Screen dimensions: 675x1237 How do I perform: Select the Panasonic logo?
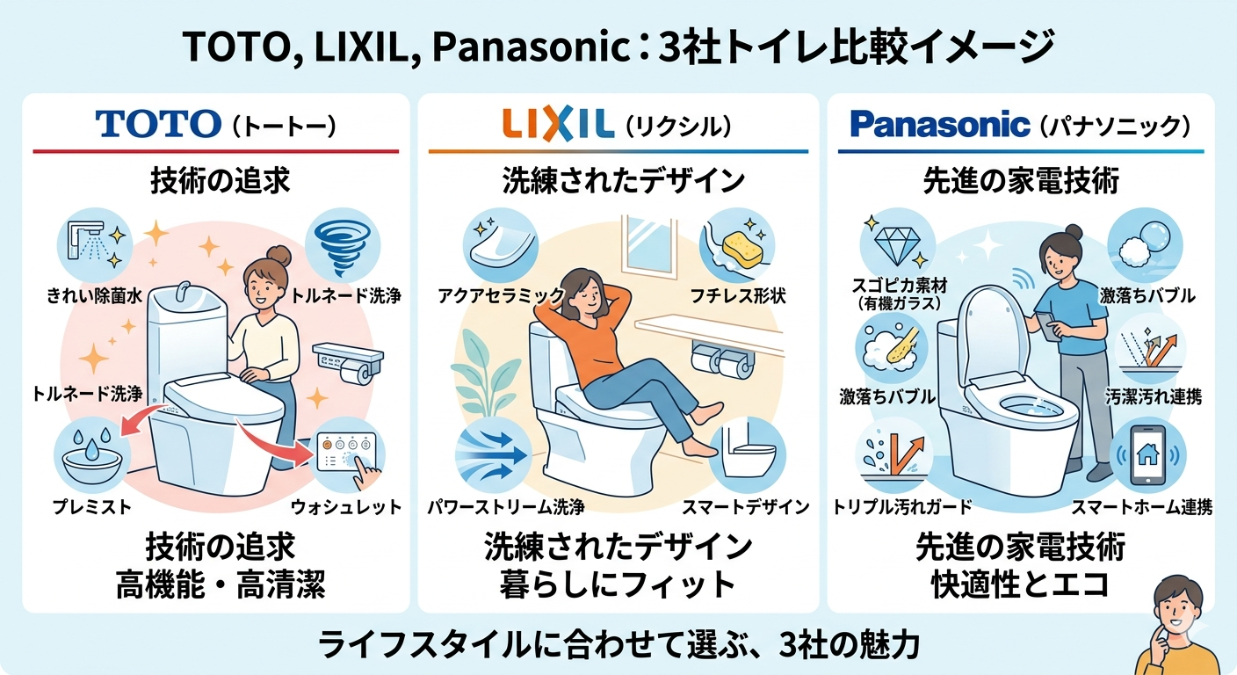[x=940, y=124]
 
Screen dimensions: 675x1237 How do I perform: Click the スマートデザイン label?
[x=746, y=506]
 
